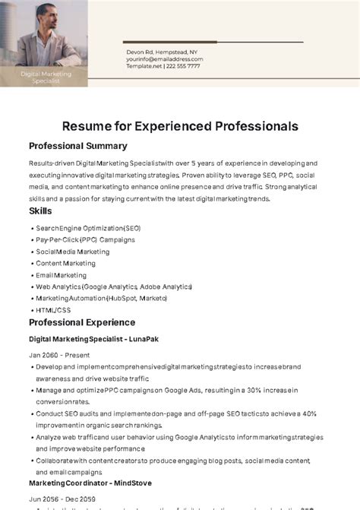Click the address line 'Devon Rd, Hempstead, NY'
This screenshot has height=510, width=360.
161,52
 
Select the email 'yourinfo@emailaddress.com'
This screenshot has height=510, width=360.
165,59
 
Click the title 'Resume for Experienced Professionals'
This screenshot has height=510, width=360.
180,125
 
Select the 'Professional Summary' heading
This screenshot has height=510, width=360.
77,146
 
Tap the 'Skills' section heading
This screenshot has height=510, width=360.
41,210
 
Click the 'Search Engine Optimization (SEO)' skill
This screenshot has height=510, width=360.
88,228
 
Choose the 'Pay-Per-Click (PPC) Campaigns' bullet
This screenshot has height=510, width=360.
85,239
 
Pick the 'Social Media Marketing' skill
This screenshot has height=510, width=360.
73,252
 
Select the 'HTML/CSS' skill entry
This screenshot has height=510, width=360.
53,310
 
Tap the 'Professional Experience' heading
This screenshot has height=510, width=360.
82,322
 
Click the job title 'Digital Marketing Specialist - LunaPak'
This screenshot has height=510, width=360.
94,339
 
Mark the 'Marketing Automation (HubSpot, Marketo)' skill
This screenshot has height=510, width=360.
101,299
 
